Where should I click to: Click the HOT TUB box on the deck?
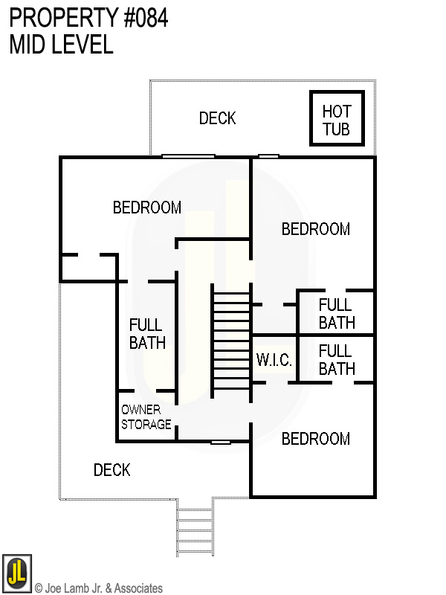pos(336,119)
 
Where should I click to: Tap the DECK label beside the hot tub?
pos(217,118)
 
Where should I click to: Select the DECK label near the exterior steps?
pos(112,470)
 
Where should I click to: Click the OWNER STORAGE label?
pos(146,417)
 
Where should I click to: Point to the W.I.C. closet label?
pos(274,360)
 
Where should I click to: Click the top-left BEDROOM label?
pos(147,208)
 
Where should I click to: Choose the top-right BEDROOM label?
pos(315,229)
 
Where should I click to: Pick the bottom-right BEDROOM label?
pos(315,439)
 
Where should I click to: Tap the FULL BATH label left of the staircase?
pos(147,334)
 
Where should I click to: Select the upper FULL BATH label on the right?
pos(337,314)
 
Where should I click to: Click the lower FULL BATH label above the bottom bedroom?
pos(337,359)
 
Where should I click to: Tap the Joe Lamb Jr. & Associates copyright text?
pos(99,588)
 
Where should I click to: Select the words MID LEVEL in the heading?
pos(61,45)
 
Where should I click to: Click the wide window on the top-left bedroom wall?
pos(188,156)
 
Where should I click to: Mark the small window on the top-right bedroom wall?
pos(268,156)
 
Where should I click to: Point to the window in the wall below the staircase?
pos(221,443)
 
